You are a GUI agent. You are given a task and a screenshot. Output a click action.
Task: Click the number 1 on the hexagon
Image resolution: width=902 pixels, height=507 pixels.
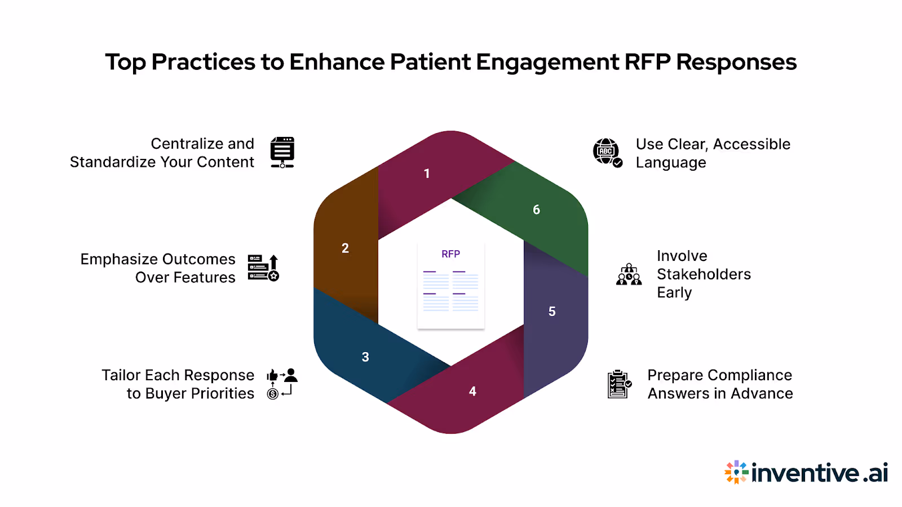click(x=427, y=174)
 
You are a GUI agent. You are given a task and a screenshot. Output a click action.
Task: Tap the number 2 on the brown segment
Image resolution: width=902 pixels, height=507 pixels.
click(x=345, y=248)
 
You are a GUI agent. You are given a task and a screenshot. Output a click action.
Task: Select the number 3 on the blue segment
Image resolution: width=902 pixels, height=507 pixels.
click(x=365, y=357)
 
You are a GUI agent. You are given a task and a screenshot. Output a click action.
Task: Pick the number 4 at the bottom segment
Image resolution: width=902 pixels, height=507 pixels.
click(x=472, y=391)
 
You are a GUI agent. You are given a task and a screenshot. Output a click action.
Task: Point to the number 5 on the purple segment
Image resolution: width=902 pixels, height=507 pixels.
click(x=552, y=312)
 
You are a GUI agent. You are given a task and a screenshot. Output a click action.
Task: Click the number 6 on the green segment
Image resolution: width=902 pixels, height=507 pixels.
click(x=536, y=210)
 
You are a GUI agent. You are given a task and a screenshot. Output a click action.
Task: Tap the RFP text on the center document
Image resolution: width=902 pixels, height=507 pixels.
click(x=450, y=254)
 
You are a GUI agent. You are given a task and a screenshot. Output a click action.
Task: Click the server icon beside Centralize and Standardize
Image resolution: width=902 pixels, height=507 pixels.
click(x=282, y=152)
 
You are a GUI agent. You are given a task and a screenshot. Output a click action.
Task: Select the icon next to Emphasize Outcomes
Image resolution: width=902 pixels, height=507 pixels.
click(x=263, y=268)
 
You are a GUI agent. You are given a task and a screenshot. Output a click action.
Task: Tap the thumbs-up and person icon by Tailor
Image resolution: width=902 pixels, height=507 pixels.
click(x=281, y=384)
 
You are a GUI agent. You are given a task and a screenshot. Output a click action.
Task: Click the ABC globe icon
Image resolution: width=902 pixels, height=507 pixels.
click(x=607, y=152)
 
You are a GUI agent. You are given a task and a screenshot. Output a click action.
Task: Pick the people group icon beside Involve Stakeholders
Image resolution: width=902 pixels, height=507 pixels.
click(x=629, y=275)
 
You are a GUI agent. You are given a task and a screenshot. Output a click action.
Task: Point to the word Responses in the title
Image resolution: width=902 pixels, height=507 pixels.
click(x=736, y=62)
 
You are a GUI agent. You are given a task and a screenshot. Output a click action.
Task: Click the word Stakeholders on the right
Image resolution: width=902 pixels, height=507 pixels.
click(x=704, y=274)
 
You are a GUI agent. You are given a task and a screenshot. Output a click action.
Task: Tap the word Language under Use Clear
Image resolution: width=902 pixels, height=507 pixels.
click(x=670, y=163)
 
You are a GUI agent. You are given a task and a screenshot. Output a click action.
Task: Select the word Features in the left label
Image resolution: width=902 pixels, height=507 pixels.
click(x=204, y=278)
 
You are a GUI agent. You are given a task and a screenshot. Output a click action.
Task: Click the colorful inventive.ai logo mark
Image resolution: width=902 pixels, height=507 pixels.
click(x=736, y=472)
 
